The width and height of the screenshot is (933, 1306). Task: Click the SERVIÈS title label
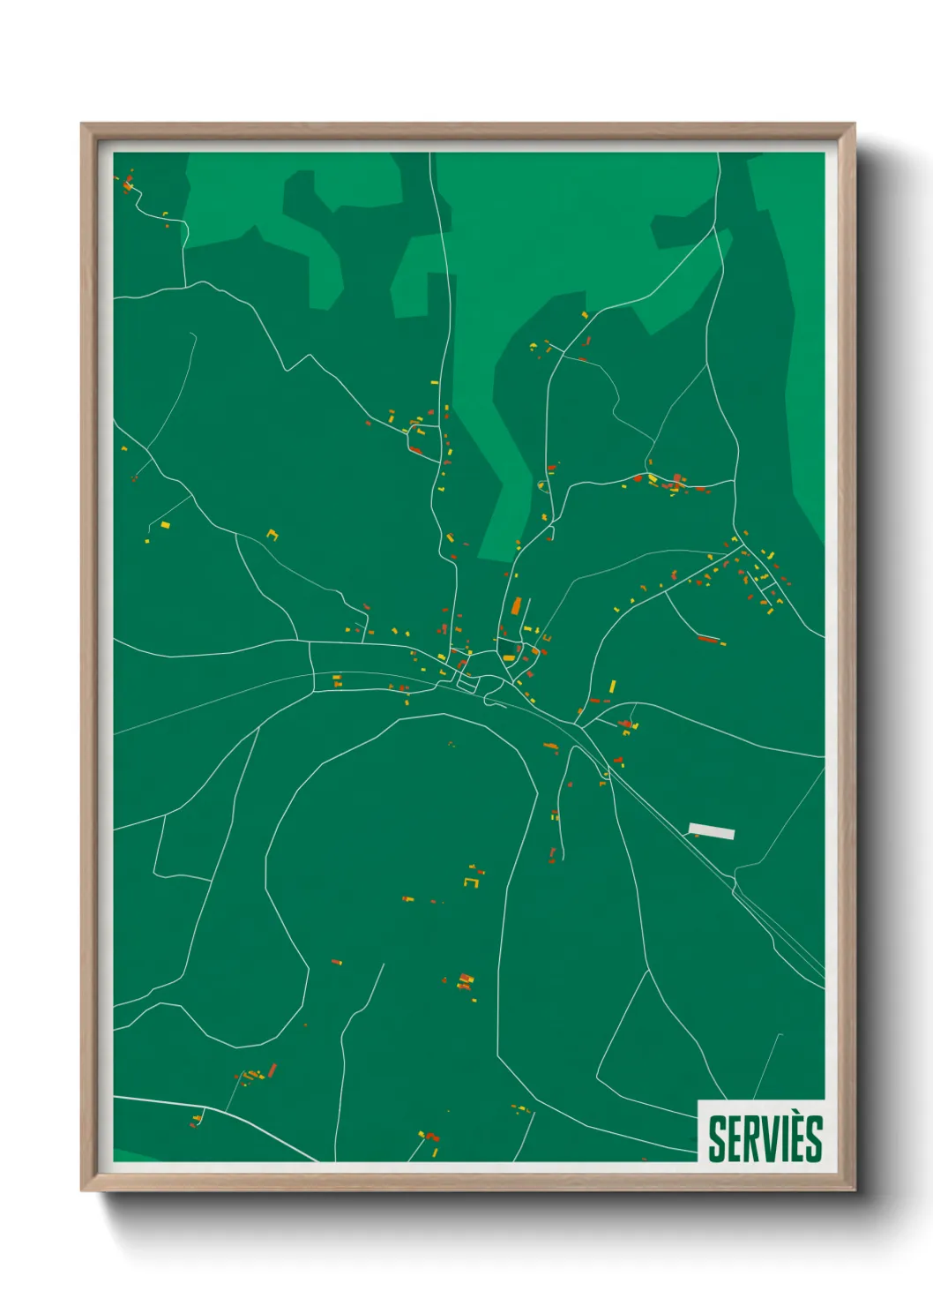(x=765, y=1138)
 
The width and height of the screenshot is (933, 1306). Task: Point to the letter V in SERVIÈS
(x=770, y=1139)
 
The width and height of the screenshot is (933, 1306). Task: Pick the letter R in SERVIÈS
(x=752, y=1139)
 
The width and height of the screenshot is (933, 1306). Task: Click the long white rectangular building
(x=712, y=830)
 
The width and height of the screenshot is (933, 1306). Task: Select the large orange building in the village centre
(x=516, y=607)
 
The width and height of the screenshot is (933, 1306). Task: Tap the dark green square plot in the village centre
(x=467, y=682)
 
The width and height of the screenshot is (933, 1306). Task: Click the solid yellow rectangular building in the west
(x=165, y=525)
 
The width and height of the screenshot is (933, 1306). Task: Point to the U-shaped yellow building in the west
(x=272, y=534)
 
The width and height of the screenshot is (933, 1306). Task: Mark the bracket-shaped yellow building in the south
(x=471, y=881)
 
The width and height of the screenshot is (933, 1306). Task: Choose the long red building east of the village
(x=708, y=639)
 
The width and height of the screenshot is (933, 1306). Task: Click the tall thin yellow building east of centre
(x=613, y=686)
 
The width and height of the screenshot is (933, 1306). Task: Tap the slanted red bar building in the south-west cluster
(x=272, y=1070)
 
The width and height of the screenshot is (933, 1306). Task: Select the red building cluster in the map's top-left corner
(x=128, y=184)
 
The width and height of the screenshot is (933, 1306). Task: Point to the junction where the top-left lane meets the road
(x=185, y=287)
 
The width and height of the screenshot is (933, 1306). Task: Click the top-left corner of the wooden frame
(x=82, y=124)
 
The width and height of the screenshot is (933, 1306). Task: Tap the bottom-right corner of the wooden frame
(x=854, y=1190)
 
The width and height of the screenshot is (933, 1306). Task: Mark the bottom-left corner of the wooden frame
(x=82, y=1190)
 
